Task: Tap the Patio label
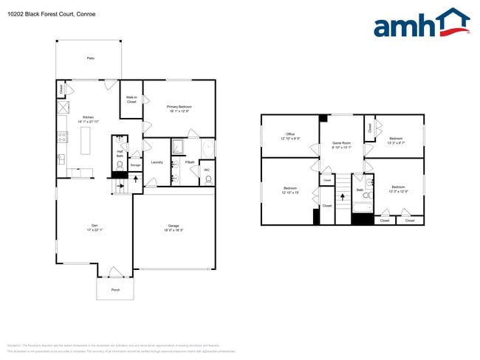coord(91,58)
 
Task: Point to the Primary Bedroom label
coord(179,108)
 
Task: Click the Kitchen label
coord(88,119)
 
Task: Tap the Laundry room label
coord(157,162)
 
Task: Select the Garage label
coord(174,227)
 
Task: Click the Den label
coord(95,226)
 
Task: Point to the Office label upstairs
coord(290,136)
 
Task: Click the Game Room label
coord(341,144)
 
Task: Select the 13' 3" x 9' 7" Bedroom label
coord(396,140)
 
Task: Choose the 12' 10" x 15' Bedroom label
coord(290,190)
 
